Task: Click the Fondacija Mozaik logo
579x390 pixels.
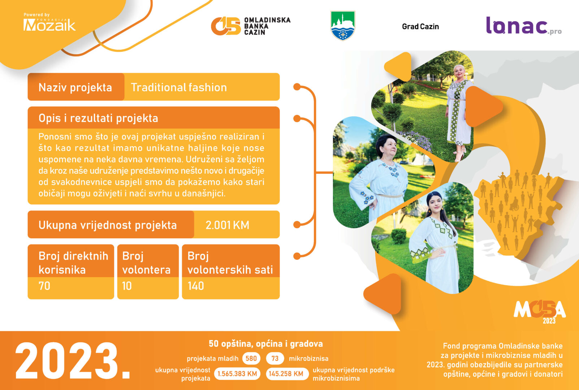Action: [49, 22]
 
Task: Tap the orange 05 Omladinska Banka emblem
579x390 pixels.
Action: [226, 26]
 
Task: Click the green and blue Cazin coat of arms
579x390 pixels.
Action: [343, 25]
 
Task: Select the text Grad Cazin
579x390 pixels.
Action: [420, 27]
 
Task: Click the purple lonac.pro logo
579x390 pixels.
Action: [524, 26]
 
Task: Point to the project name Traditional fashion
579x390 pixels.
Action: [179, 87]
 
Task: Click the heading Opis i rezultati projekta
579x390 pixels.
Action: [98, 118]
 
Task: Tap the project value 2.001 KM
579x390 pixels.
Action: [227, 225]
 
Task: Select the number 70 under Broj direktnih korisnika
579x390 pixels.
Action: [44, 286]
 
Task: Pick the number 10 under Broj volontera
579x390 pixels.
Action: [127, 286]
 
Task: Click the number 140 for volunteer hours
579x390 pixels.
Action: [196, 286]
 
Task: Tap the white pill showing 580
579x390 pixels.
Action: [251, 359]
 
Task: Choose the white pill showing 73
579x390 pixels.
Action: [275, 359]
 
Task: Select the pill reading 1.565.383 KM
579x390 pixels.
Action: [237, 374]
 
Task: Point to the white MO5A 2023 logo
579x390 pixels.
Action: [540, 311]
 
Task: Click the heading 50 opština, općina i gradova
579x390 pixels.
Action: [266, 344]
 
